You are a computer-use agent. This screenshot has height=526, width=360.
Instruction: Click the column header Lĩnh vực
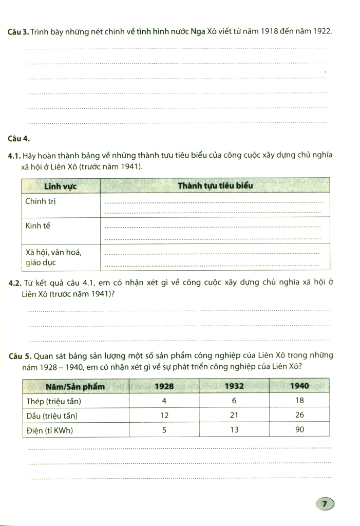click(x=60, y=186)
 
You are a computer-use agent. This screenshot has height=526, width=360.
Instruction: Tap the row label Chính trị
click(x=41, y=201)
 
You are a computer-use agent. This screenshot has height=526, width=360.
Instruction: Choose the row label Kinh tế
click(x=38, y=226)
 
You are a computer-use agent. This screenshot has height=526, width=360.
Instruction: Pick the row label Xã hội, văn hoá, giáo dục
click(x=53, y=257)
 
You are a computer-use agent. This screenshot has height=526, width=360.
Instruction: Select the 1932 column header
click(x=234, y=386)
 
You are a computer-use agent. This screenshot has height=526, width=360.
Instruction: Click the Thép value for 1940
click(x=300, y=401)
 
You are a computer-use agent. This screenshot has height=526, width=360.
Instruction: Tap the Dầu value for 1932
click(x=234, y=415)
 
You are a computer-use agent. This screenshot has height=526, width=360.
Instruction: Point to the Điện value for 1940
click(x=300, y=430)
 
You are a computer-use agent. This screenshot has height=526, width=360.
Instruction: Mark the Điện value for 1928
click(x=164, y=430)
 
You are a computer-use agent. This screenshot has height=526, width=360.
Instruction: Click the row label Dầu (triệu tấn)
click(x=52, y=415)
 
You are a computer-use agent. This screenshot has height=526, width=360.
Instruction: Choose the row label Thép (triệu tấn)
click(x=54, y=401)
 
